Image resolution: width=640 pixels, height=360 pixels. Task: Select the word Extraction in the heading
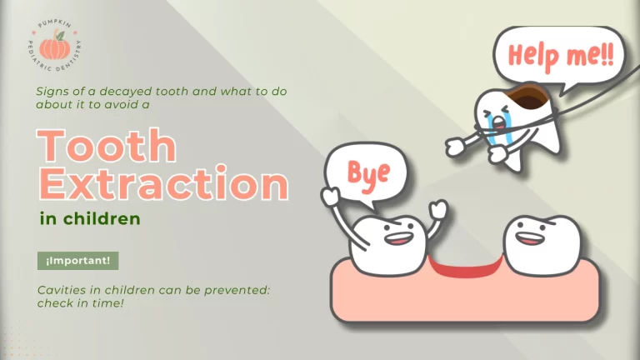pos(162,182)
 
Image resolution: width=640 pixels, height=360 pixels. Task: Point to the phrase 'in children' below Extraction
pos(89,220)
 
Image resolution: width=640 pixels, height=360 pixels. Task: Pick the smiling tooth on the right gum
pos(542,244)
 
